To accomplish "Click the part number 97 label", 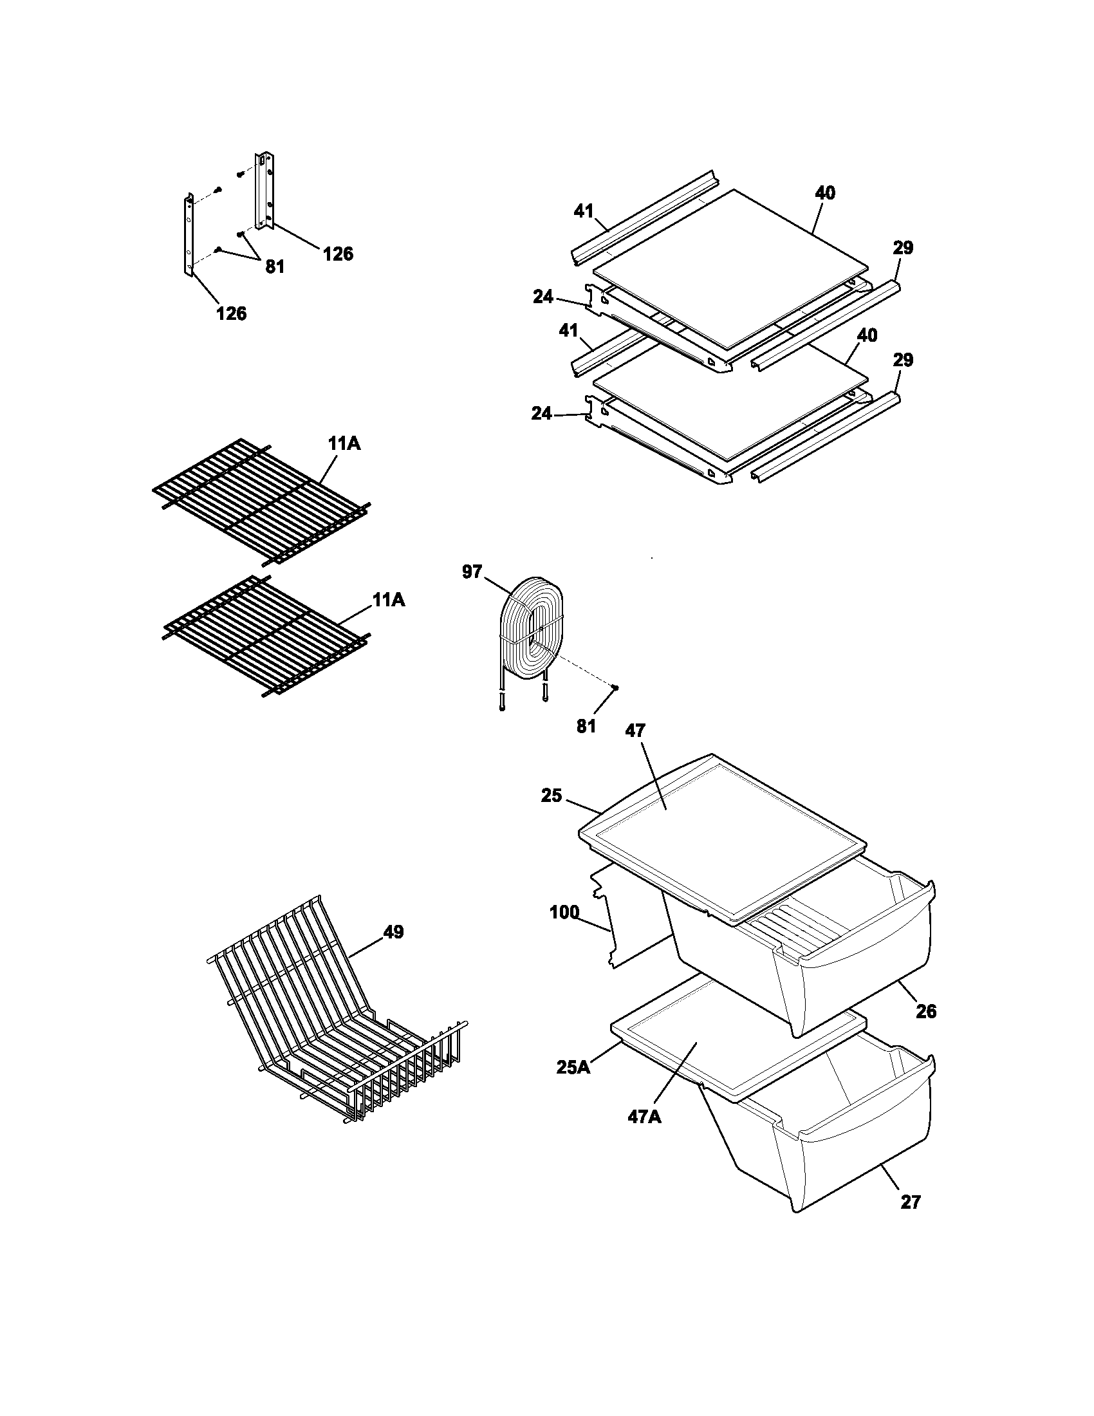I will (x=472, y=571).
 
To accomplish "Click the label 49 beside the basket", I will (x=393, y=932).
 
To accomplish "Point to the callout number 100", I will (x=564, y=912).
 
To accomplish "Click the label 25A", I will (x=573, y=1067).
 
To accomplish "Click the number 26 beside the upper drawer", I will (x=926, y=1011).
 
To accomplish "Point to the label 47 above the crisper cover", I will (x=635, y=731).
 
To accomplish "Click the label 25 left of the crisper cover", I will (x=552, y=796).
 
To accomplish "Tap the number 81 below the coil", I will (x=586, y=726).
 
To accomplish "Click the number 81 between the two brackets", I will (x=275, y=266).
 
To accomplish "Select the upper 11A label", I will (x=344, y=444).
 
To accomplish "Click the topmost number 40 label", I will (x=825, y=193).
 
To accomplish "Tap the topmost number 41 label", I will (x=584, y=210).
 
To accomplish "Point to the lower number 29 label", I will (x=903, y=360).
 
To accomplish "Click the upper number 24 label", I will (x=543, y=297).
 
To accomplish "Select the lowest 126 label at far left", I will (x=232, y=313).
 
